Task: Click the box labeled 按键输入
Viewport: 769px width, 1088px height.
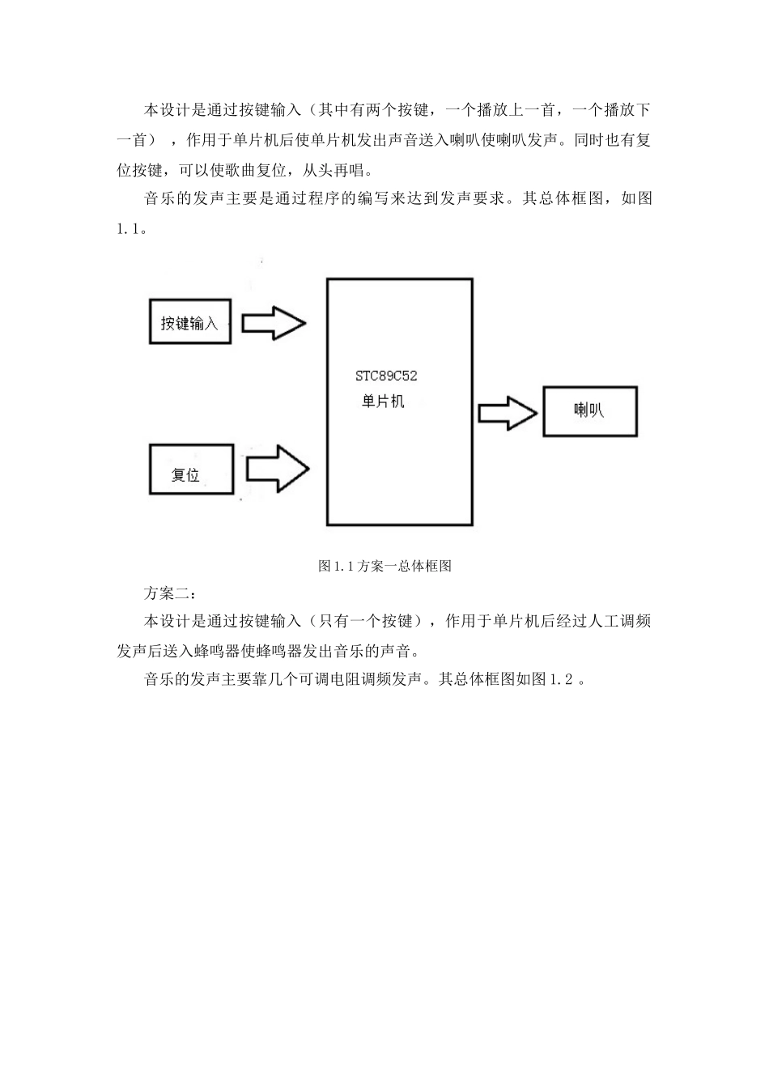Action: pyautogui.click(x=190, y=323)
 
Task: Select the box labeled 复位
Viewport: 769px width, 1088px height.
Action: pyautogui.click(x=190, y=471)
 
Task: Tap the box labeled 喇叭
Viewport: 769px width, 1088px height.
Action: pyautogui.click(x=589, y=411)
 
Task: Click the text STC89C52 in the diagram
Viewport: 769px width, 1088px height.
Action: pyautogui.click(x=387, y=376)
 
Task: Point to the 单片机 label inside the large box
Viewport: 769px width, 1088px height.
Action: pyautogui.click(x=382, y=401)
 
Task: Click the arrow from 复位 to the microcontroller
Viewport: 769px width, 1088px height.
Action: pyautogui.click(x=276, y=468)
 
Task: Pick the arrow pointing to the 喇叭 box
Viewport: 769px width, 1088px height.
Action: pyautogui.click(x=508, y=413)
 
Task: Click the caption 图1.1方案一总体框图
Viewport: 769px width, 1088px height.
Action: pyautogui.click(x=384, y=566)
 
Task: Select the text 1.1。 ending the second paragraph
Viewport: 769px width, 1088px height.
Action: pyautogui.click(x=131, y=228)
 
